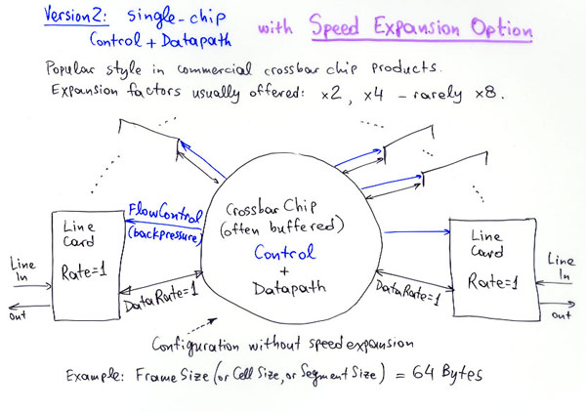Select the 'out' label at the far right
pyautogui.click(x=561, y=315)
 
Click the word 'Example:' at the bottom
pyautogui.click(x=97, y=375)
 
